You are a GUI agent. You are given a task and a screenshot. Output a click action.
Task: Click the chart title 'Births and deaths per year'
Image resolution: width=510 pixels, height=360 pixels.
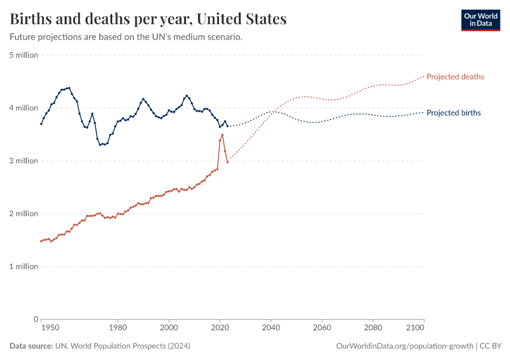(x=148, y=19)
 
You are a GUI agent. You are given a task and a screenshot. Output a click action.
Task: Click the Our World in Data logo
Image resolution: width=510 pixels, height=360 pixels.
(x=480, y=20)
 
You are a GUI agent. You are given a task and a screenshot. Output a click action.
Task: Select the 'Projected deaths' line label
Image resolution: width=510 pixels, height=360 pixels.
(x=455, y=77)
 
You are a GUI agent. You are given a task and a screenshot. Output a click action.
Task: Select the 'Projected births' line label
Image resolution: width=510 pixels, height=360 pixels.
(x=453, y=113)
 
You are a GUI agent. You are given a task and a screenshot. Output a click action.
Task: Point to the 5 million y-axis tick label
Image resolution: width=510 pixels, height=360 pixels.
(x=24, y=55)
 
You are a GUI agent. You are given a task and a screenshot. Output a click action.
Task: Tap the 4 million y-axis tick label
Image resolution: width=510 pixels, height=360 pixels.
(x=24, y=108)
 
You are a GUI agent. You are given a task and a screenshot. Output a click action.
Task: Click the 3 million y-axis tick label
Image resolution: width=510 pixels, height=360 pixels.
(x=24, y=161)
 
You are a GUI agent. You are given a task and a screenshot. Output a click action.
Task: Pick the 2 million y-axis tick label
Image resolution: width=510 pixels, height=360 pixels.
(x=24, y=214)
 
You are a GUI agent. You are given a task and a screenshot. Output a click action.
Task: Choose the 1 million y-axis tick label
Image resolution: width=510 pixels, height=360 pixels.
(x=24, y=266)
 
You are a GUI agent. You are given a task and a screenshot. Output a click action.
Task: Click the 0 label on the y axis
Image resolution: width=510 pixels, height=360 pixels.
(x=35, y=319)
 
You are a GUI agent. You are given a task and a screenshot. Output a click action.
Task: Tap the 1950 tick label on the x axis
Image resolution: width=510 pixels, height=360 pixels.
(x=50, y=328)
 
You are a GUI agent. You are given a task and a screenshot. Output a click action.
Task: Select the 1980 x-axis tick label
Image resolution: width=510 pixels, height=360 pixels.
(x=118, y=328)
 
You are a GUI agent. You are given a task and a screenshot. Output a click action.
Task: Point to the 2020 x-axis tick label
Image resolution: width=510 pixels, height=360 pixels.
(x=220, y=328)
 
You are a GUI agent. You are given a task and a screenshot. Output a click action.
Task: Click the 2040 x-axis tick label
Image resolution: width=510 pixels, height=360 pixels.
(x=271, y=328)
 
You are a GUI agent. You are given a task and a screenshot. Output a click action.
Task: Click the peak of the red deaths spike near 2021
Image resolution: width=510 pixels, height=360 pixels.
(x=223, y=134)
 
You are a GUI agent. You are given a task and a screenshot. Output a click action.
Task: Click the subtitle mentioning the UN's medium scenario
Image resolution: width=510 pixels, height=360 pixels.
(x=126, y=37)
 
